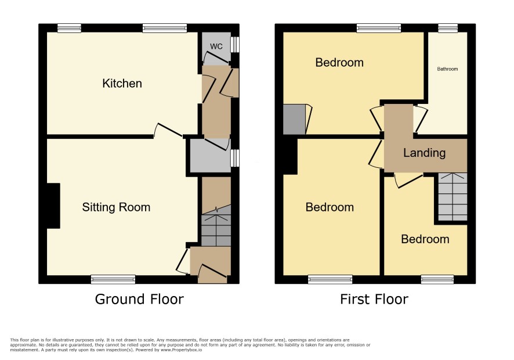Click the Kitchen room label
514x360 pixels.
tap(122, 84)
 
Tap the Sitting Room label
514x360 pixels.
tap(116, 207)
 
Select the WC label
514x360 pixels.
tap(216, 46)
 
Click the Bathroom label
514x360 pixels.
tap(447, 69)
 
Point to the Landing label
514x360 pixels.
tap(424, 153)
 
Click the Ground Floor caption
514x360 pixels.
tap(139, 299)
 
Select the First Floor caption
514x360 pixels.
tap(374, 299)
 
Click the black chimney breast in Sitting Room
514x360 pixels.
tap(53, 206)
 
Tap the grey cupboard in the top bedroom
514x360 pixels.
tap(294, 120)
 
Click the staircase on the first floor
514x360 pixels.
tap(453, 197)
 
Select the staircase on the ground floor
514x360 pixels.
tap(216, 226)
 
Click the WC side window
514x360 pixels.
tap(235, 44)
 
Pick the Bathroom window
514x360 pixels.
tap(448, 28)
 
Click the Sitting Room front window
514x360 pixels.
tap(113, 279)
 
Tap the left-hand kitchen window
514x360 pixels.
tap(69, 28)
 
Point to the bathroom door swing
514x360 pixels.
tap(421, 117)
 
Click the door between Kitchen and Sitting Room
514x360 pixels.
tap(168, 130)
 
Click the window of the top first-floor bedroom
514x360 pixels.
tap(379, 28)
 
